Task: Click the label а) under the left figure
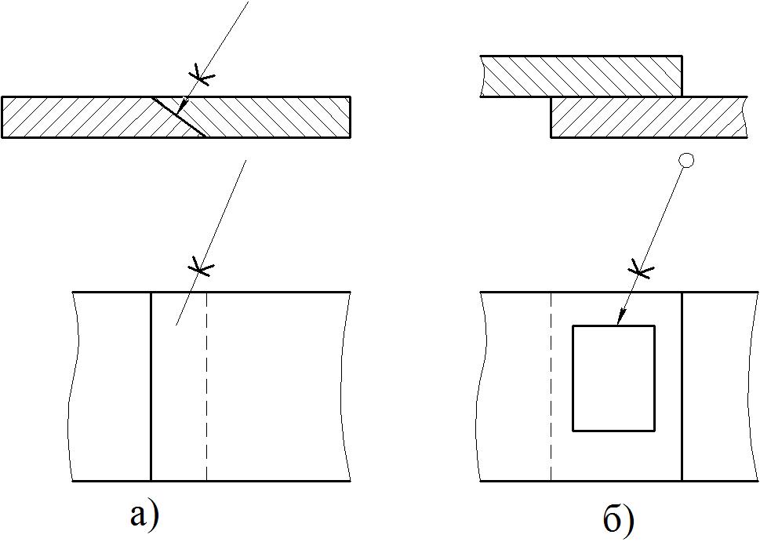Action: pos(144,515)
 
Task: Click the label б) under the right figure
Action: pos(619,520)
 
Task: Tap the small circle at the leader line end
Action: pos(686,161)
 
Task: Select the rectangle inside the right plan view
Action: pos(613,378)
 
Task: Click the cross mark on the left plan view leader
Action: pos(201,266)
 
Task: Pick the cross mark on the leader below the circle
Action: pos(642,269)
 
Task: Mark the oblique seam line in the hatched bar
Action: pos(178,117)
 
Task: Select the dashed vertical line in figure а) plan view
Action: pos(206,387)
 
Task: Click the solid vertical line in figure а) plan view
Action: pos(151,387)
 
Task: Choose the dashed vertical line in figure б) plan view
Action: pos(551,387)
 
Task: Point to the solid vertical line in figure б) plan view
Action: pos(682,387)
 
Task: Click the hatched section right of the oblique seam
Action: pos(262,117)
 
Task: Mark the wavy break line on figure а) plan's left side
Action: pos(73,387)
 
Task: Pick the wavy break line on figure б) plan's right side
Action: pos(755,387)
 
